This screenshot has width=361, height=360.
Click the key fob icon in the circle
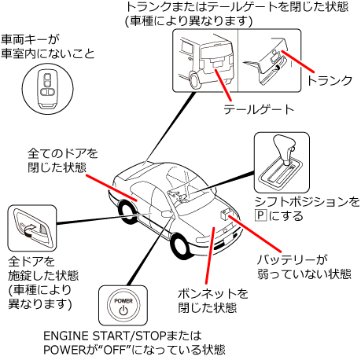pyautogui.click(x=47, y=89)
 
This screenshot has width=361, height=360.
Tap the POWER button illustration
pyautogui.click(x=123, y=305)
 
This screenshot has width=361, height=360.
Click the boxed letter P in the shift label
pyautogui.click(x=260, y=215)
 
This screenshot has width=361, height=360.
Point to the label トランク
pyautogui.click(x=330, y=80)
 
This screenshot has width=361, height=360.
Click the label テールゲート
pyautogui.click(x=259, y=109)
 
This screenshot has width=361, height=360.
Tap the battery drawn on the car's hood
pyautogui.click(x=226, y=214)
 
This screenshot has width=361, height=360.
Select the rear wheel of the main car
pyautogui.click(x=127, y=211)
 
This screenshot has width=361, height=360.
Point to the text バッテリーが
pyautogui.click(x=293, y=259)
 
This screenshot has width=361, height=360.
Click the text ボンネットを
pyautogui.click(x=213, y=293)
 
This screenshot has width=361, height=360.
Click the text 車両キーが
pyautogui.click(x=30, y=39)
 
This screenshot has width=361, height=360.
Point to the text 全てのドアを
pyautogui.click(x=63, y=153)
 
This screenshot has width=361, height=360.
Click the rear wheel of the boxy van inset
pyautogui.click(x=194, y=80)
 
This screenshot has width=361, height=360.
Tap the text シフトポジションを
pyautogui.click(x=307, y=202)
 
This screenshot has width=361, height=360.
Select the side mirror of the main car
pyautogui.click(x=167, y=214)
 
